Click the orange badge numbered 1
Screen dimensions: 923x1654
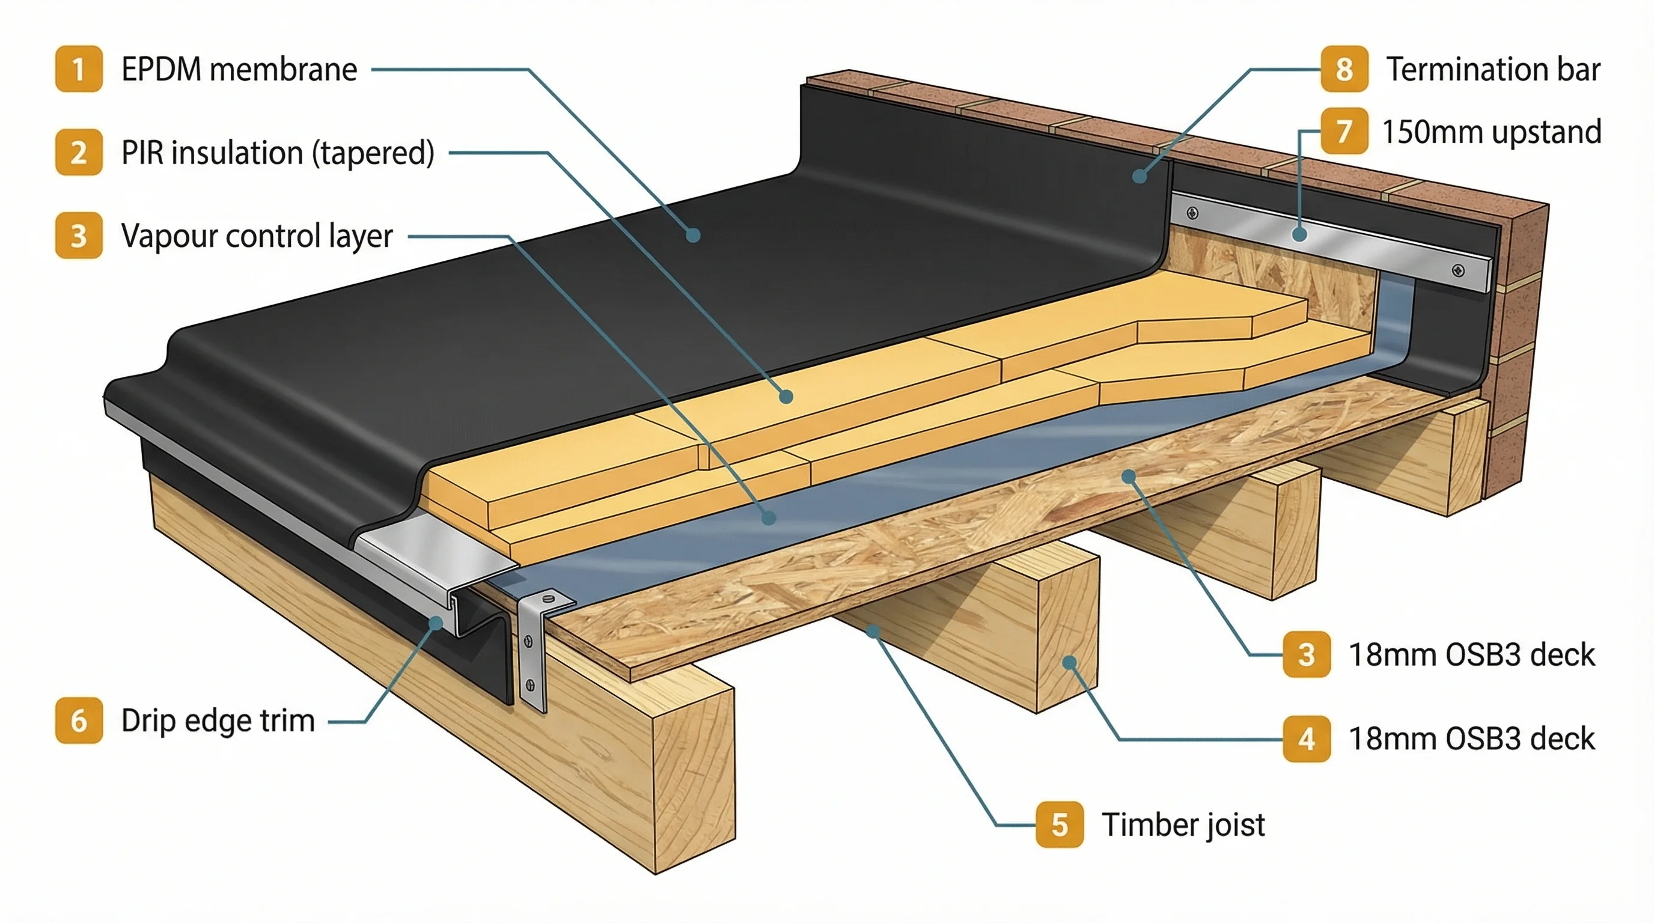click(x=78, y=69)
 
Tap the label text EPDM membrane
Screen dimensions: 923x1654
click(x=239, y=69)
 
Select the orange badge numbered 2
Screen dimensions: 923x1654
click(x=78, y=152)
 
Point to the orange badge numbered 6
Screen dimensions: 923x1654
click(x=78, y=720)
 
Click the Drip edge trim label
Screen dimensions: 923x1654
click(x=218, y=720)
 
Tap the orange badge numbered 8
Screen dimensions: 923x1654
click(x=1344, y=69)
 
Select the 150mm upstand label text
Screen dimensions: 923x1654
click(x=1491, y=132)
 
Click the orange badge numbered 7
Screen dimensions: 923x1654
click(x=1344, y=131)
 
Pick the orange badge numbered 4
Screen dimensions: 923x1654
click(x=1306, y=739)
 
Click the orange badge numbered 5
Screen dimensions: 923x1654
click(x=1060, y=824)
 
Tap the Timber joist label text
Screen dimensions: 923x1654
click(x=1183, y=825)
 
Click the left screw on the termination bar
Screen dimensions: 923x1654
click(x=1192, y=213)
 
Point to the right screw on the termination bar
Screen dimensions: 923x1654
click(x=1458, y=270)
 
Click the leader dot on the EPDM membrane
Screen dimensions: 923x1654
click(x=693, y=235)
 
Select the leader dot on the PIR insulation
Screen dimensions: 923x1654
click(x=786, y=397)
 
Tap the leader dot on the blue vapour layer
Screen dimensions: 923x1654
click(x=769, y=517)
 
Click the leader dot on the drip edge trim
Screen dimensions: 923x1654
click(x=436, y=623)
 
